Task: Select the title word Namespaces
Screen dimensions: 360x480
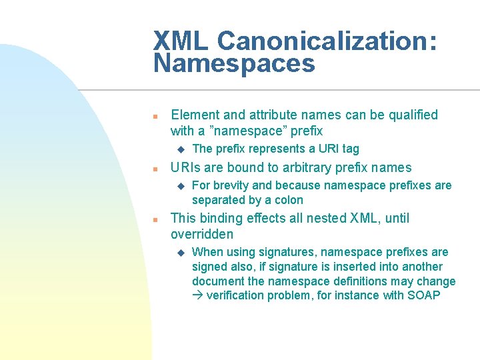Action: [233, 64]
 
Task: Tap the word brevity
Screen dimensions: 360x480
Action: [231, 185]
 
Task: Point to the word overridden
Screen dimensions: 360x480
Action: [202, 234]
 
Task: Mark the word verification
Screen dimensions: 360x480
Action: [235, 295]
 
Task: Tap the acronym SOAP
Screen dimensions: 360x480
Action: [423, 295]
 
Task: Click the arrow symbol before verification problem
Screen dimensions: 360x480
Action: [197, 295]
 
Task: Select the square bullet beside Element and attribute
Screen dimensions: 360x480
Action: [154, 116]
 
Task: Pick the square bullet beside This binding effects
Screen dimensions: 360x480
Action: [154, 219]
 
